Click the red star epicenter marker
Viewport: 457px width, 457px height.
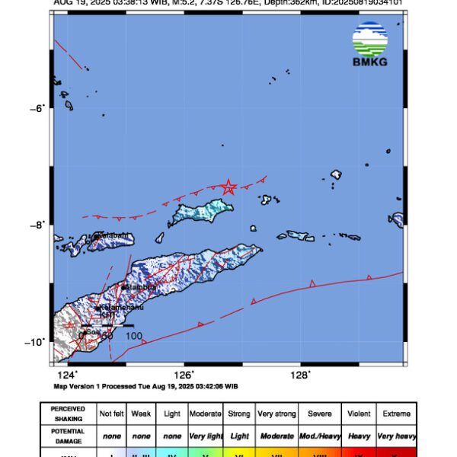228,187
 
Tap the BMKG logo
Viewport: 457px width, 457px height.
370,45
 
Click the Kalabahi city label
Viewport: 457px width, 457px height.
111,236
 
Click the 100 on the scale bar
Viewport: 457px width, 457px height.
133,335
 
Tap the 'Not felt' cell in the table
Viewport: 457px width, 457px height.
111,414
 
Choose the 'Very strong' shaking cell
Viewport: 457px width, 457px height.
276,414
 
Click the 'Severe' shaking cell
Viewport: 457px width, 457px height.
319,414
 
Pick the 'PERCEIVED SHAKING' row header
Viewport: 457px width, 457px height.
68,414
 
